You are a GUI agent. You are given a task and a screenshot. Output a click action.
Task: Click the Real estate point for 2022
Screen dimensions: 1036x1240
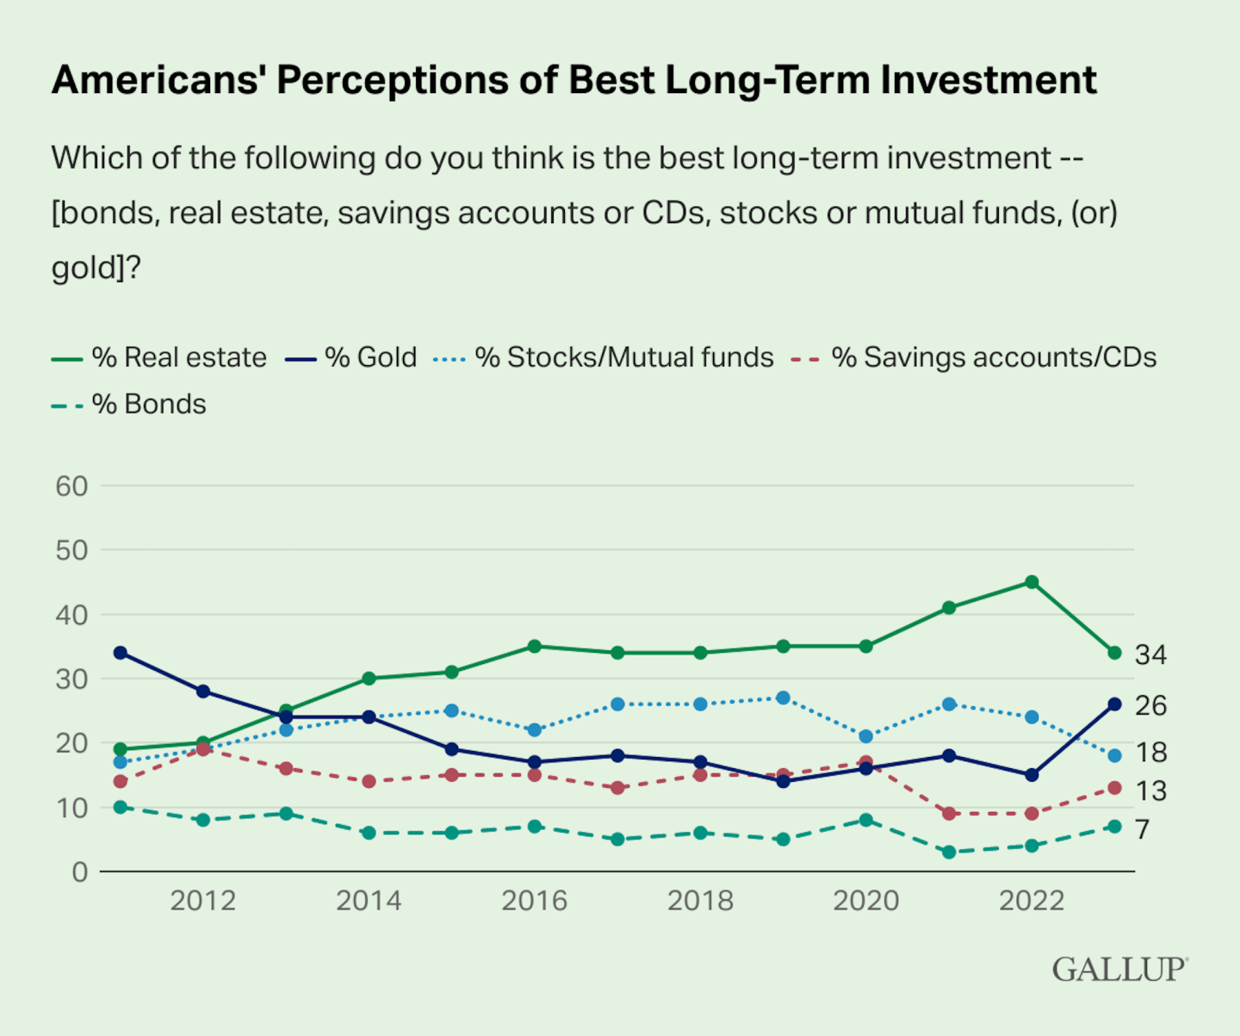point(1032,582)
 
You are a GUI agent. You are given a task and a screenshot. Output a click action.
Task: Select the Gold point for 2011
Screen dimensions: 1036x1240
point(121,653)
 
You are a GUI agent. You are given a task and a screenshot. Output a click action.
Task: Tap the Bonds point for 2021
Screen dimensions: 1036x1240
point(949,852)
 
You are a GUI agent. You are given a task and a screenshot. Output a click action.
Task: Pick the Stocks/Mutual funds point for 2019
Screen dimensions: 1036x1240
point(784,698)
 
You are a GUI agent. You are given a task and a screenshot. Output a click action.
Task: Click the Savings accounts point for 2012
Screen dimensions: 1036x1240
point(203,749)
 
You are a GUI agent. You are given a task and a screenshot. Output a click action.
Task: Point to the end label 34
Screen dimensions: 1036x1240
point(1150,655)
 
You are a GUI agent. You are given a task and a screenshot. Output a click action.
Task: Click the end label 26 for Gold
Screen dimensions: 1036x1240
point(1150,706)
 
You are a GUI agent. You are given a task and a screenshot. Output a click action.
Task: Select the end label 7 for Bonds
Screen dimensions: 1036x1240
point(1142,829)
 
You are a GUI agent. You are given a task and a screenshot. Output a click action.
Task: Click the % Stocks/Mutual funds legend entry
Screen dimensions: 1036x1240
point(624,357)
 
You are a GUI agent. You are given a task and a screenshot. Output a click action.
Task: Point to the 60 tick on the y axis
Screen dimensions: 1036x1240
point(72,487)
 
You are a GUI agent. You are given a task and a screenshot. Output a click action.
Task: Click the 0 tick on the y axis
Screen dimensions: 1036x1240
point(80,872)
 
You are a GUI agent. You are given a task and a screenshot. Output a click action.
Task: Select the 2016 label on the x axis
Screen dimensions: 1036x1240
point(535,901)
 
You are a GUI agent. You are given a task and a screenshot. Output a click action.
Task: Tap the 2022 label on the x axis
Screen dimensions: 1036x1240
point(1032,901)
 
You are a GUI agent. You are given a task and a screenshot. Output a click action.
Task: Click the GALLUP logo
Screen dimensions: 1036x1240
point(1119,969)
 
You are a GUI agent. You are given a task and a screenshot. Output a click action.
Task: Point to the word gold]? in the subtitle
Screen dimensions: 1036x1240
point(96,268)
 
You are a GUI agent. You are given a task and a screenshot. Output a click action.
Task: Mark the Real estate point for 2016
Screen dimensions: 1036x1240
point(535,646)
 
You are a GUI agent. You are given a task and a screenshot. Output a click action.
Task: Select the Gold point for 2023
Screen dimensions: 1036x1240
point(1114,704)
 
